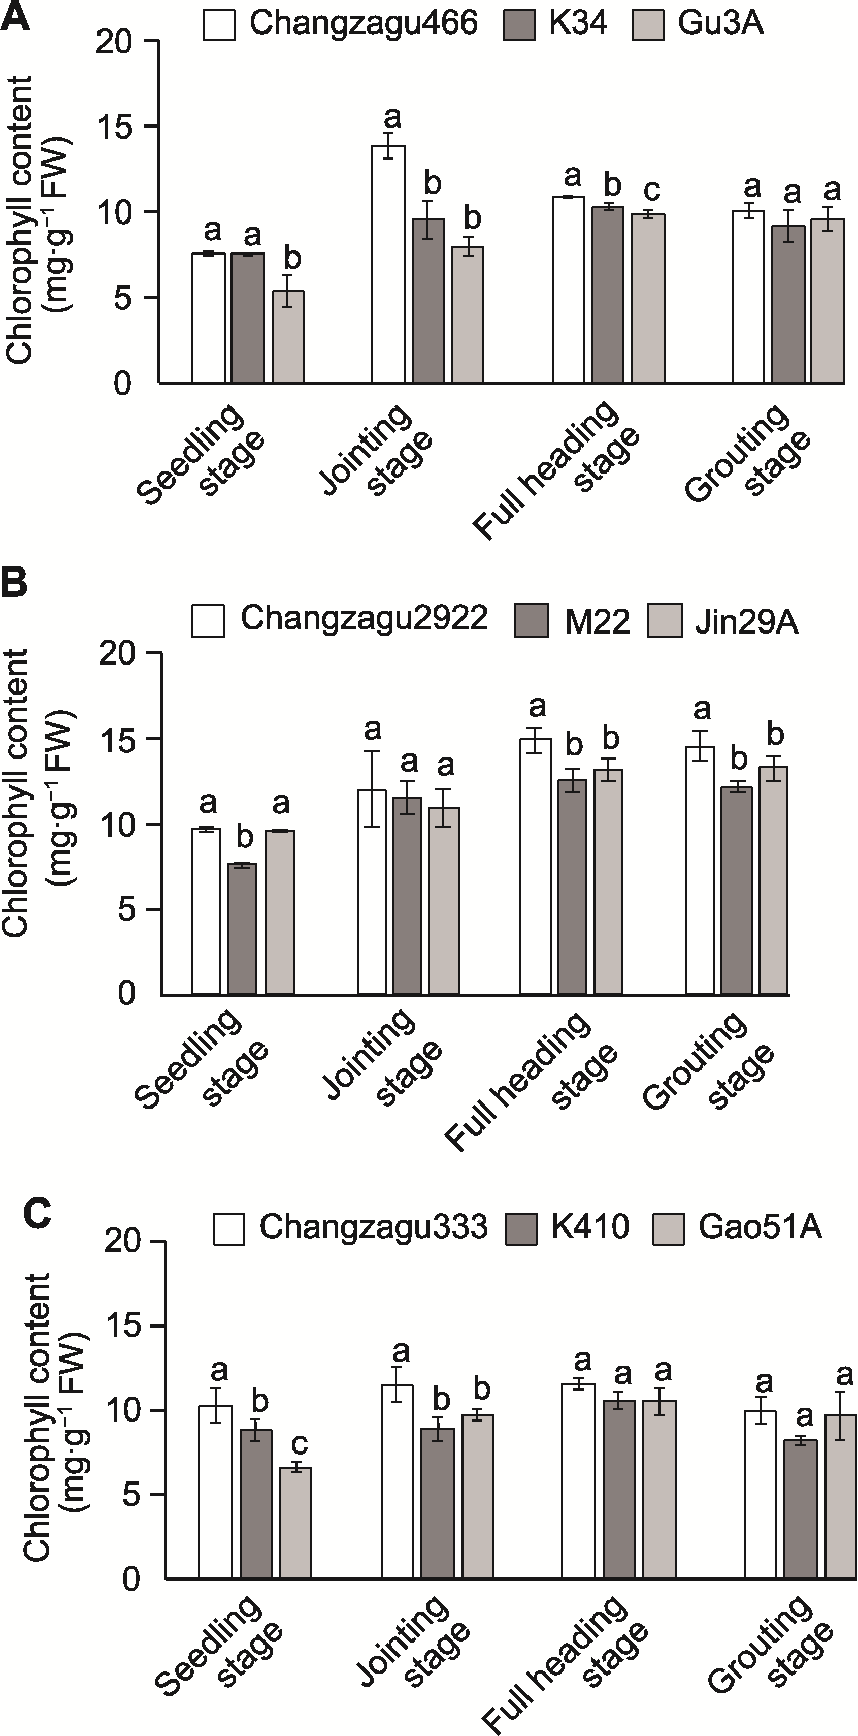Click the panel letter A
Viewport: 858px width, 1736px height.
16,17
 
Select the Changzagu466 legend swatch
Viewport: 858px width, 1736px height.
219,25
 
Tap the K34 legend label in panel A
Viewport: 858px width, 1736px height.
578,23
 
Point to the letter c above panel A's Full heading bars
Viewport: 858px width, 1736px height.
651,190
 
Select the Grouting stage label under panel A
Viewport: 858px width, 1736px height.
747,455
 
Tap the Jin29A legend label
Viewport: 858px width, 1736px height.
746,622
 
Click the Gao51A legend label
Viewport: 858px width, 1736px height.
760,1226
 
